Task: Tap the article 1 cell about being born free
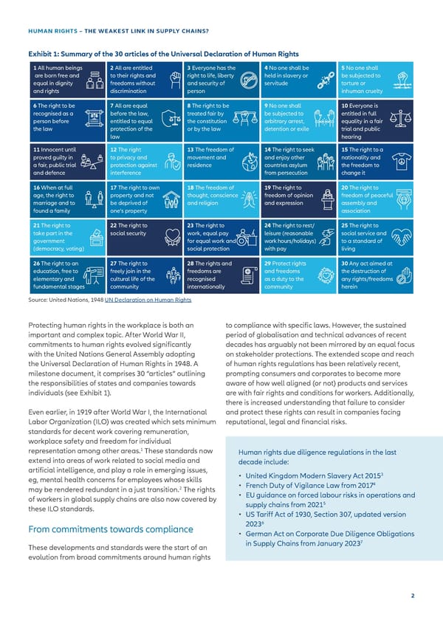click(66, 80)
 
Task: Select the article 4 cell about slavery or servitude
click(293, 80)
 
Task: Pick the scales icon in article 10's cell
click(402, 118)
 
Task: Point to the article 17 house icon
click(172, 199)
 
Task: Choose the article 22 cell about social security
click(142, 236)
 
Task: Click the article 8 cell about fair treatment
click(218, 118)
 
